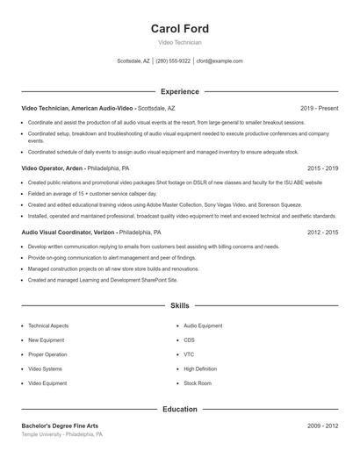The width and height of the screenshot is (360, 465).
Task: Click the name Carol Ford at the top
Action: coord(179,29)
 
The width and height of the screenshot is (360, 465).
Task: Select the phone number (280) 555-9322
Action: coord(173,61)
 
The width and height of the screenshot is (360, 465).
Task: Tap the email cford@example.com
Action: coord(220,61)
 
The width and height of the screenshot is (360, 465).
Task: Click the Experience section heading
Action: coord(179,91)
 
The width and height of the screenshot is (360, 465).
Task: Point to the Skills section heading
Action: coord(179,305)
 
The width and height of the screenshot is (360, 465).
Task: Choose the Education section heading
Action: coord(179,409)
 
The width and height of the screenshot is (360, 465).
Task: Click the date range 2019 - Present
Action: coord(319,108)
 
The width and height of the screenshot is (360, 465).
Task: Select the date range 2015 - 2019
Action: coord(322,167)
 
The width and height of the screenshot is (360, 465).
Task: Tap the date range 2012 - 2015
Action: coord(322,232)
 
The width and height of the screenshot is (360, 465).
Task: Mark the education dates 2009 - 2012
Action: coord(322,426)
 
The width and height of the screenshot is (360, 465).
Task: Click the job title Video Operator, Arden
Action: coord(54,167)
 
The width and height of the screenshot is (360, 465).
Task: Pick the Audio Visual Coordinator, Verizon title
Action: coord(68,232)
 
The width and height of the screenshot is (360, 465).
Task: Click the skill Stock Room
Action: coord(198,383)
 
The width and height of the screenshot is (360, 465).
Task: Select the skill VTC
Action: coord(189,354)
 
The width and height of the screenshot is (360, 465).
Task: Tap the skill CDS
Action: coord(189,340)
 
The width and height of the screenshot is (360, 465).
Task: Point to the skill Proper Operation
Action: coord(47,354)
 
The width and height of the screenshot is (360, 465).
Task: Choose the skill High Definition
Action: coord(200,368)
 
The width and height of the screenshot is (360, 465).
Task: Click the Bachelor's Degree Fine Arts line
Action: coord(60,426)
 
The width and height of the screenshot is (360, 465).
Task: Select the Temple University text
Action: coord(42,434)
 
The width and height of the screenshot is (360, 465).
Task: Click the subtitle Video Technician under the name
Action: coord(179,42)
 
